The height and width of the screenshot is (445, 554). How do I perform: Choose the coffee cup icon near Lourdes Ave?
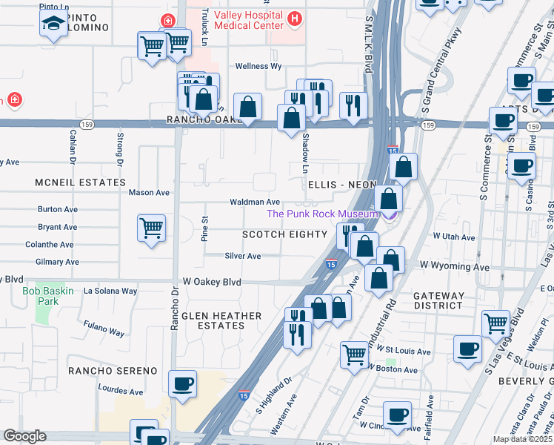(x=182, y=384)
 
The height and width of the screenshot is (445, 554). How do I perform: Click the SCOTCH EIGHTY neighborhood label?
(x=285, y=234)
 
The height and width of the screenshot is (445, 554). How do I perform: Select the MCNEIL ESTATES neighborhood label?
(x=81, y=182)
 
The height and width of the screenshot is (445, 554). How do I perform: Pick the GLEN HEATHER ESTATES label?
(x=222, y=320)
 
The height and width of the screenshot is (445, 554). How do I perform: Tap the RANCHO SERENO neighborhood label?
(x=113, y=370)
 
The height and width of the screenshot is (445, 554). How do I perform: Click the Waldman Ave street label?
(x=255, y=202)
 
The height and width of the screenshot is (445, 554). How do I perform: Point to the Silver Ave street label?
(x=243, y=256)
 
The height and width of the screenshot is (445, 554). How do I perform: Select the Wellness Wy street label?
(x=258, y=66)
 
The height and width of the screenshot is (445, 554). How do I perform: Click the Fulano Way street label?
(x=104, y=329)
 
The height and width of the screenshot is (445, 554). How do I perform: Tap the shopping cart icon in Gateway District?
(x=495, y=323)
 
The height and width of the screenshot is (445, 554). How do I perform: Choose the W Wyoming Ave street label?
(x=454, y=266)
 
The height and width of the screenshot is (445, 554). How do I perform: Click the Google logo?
(x=24, y=436)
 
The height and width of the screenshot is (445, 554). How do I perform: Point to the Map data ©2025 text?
(x=522, y=439)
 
